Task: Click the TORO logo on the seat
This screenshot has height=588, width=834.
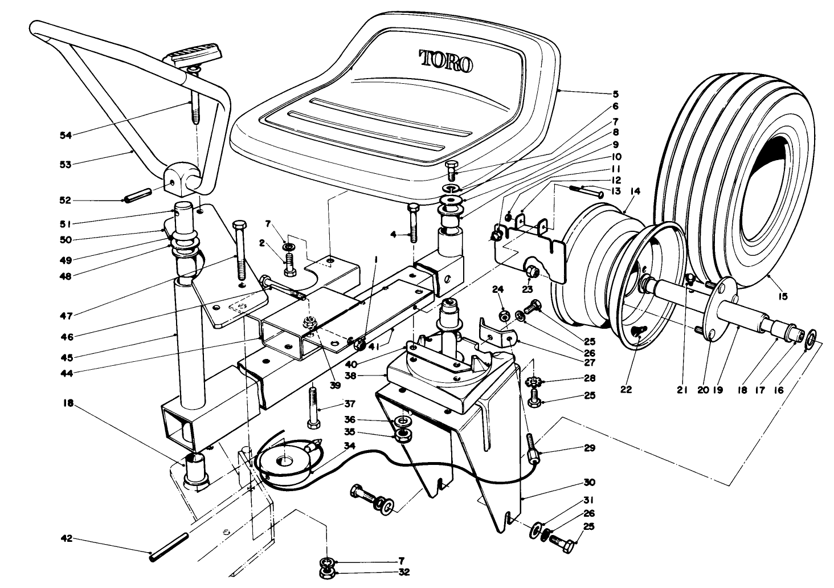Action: (446, 60)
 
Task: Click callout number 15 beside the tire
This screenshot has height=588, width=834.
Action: (783, 296)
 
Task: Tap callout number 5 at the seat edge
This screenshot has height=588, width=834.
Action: (615, 93)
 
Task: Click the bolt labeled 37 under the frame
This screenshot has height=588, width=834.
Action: (313, 407)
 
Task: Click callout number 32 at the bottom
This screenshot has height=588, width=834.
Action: (405, 573)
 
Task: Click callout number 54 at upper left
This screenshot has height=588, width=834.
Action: (67, 135)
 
